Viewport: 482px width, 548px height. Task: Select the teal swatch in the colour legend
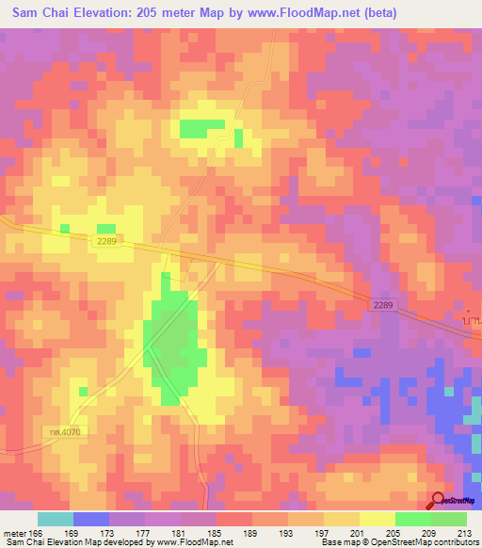click(x=56, y=519)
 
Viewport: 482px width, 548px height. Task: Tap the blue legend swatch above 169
click(x=91, y=519)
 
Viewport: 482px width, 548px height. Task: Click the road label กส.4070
click(x=43, y=431)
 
